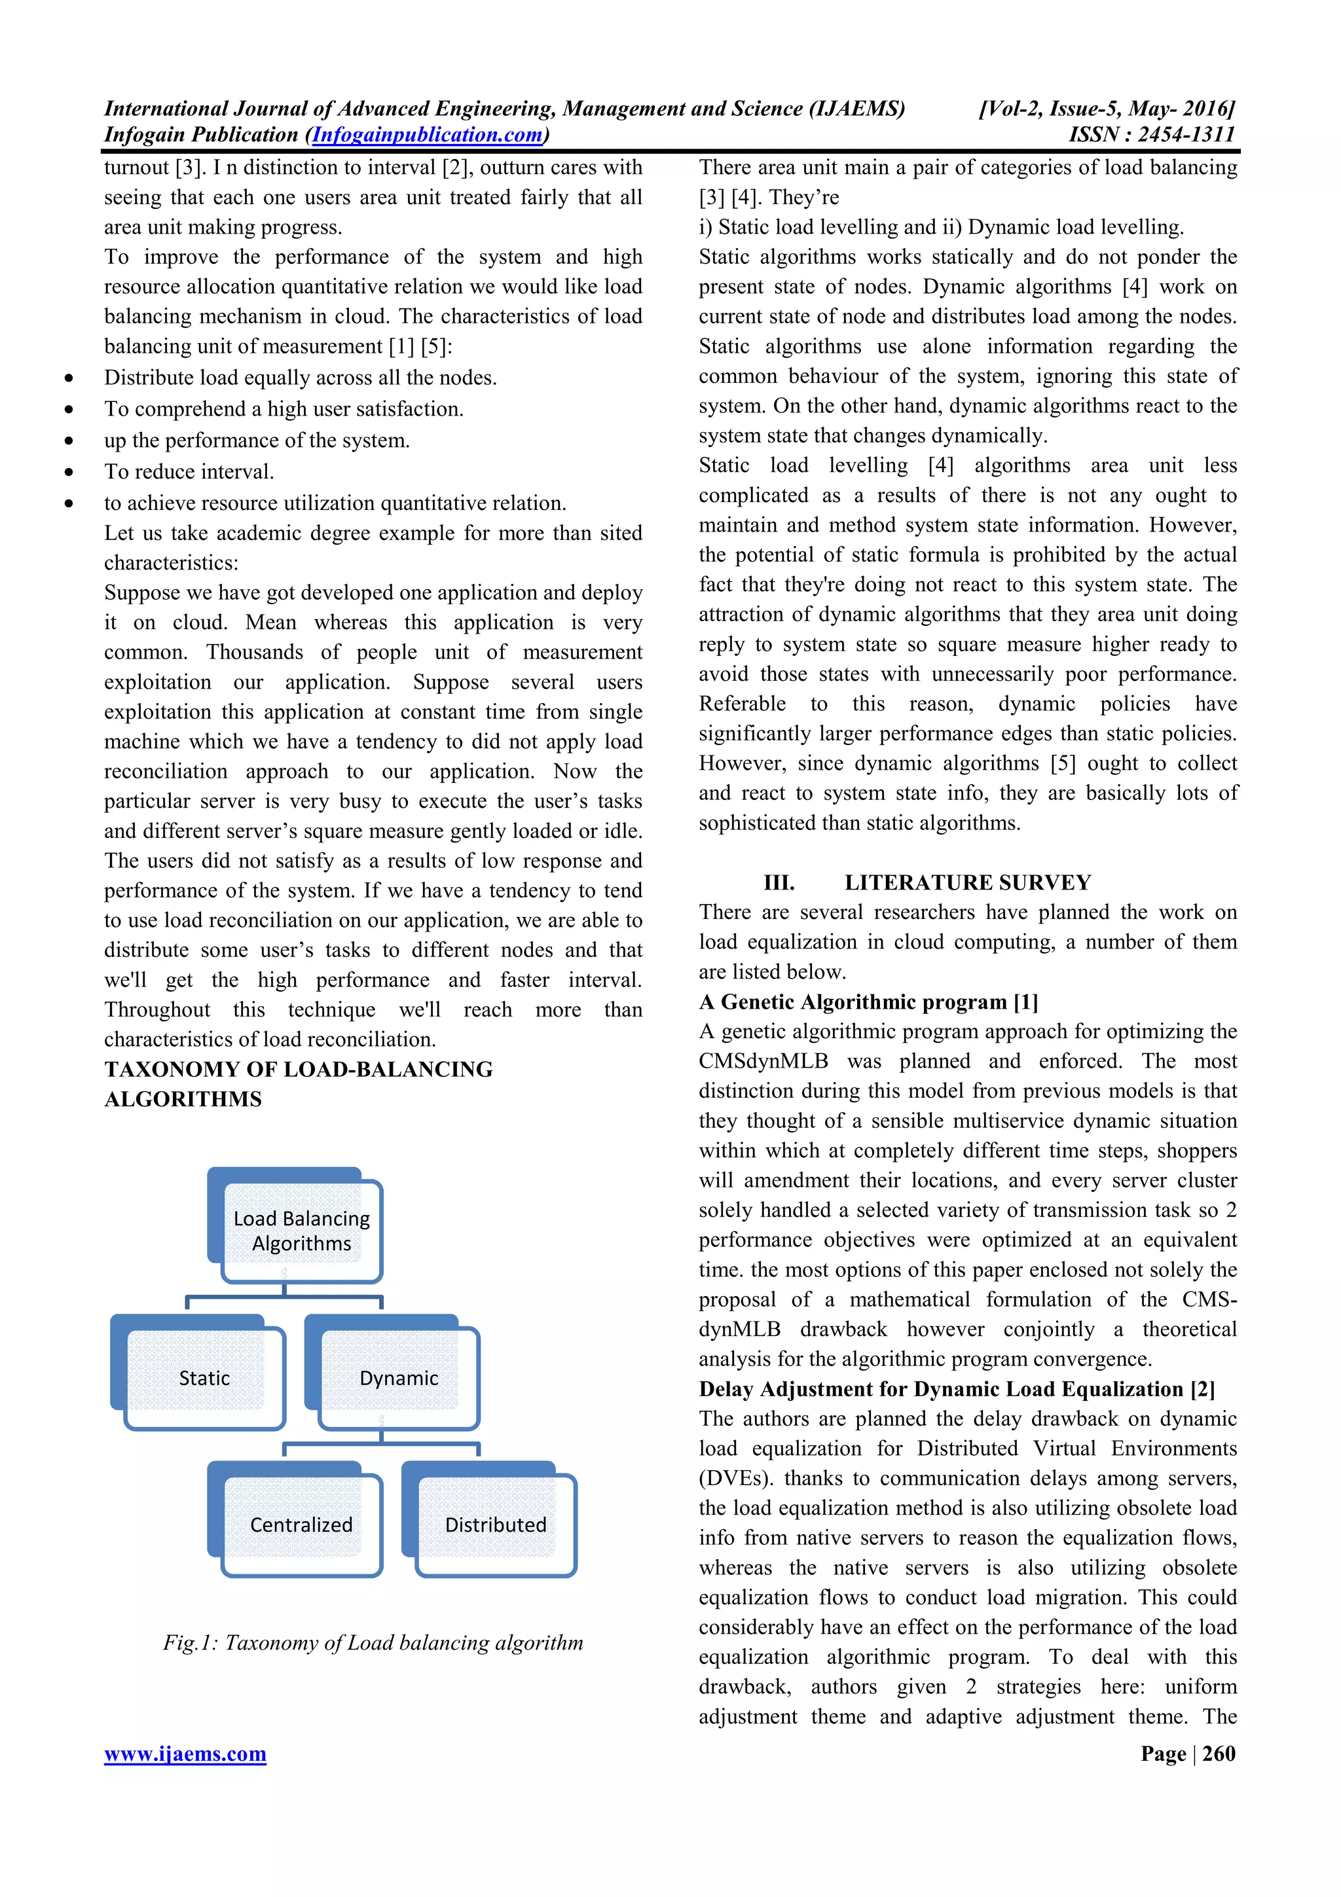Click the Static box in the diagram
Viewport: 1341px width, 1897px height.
204,1377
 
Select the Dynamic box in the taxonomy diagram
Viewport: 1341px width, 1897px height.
398,1377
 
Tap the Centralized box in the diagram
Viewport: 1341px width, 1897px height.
301,1525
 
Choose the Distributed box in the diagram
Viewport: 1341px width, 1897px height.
495,1525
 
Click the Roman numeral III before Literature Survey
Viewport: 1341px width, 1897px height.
779,882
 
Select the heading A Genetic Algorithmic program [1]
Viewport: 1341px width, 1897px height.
868,1002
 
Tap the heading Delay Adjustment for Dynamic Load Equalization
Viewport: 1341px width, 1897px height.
956,1389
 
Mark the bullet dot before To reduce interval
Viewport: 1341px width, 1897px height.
69,473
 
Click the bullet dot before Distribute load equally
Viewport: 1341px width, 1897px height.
69,378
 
